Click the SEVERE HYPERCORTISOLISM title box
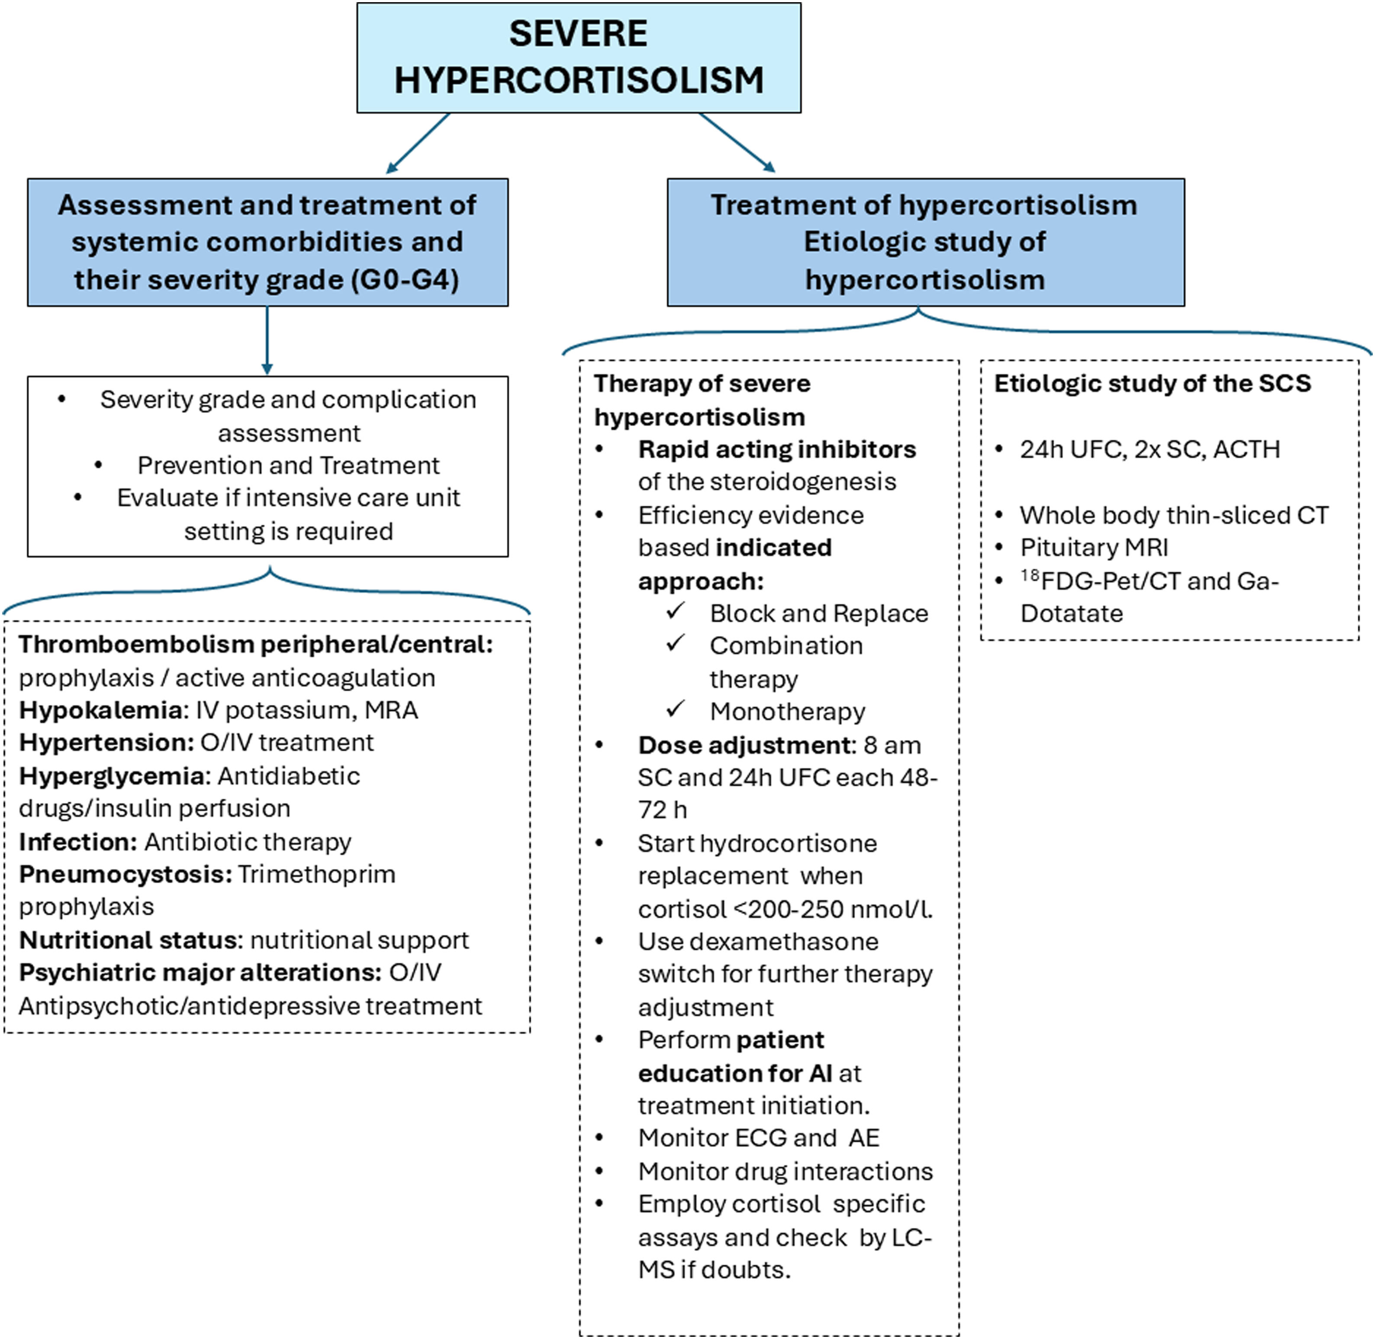(x=579, y=58)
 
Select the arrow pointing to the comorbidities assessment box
(x=418, y=143)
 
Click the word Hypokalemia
(x=100, y=710)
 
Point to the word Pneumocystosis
(x=124, y=874)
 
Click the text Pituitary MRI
(x=1094, y=547)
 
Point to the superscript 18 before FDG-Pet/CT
(x=1030, y=575)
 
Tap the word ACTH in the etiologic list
(x=1246, y=449)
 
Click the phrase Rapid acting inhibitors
(x=777, y=449)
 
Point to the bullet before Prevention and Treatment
(x=98, y=465)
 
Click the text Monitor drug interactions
(x=785, y=1171)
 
